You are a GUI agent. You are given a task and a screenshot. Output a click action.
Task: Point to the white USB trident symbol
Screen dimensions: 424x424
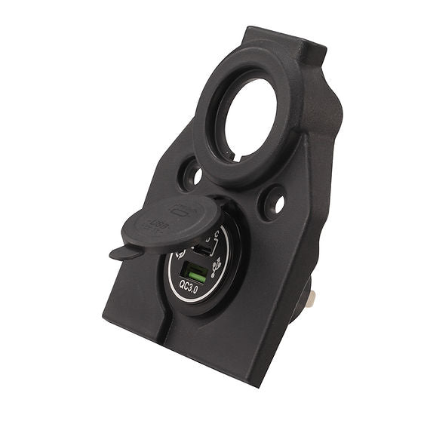217,264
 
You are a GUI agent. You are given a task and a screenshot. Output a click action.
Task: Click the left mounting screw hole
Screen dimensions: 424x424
192,176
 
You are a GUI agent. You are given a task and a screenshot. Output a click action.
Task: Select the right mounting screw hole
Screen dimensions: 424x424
274,203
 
